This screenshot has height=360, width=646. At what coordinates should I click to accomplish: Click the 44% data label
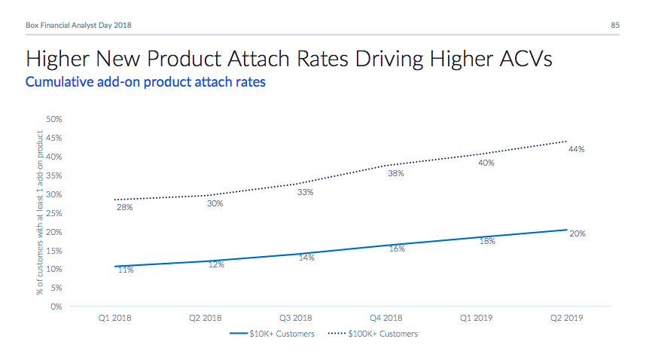577,149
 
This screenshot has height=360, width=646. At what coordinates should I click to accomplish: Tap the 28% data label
125,207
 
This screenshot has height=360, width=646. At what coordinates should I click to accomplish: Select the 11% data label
126,270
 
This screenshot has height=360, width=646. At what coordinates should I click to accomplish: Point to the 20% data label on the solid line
577,234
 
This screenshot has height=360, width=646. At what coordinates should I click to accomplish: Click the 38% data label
396,173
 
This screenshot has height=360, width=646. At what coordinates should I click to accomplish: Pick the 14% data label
306,258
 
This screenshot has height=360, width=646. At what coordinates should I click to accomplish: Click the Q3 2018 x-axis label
296,318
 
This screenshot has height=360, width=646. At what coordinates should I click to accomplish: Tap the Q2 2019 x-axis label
567,318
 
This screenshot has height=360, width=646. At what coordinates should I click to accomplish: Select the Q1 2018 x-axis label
115,318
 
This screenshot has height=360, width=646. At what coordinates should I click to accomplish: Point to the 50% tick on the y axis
53,119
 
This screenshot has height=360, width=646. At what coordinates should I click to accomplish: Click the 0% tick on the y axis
56,307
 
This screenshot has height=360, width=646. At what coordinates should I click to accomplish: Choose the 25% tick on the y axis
53,213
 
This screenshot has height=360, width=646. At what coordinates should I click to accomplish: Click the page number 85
615,26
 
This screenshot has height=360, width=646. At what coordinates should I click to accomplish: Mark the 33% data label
306,192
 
